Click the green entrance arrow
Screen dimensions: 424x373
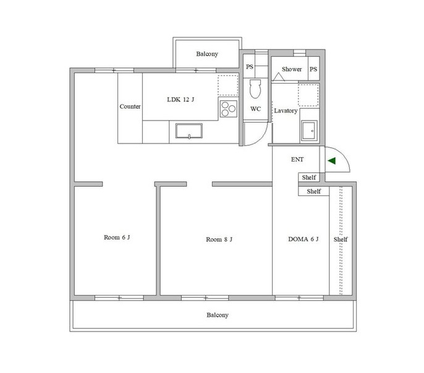tap(332, 161)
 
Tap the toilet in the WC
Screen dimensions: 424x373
tap(255, 88)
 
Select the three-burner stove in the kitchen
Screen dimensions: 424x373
tap(229, 108)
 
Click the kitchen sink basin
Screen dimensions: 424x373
tap(189, 131)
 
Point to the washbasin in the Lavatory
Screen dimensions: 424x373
tap(309, 131)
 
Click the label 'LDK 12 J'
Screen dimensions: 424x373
tap(180, 100)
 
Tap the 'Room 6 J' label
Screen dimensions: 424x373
tap(117, 238)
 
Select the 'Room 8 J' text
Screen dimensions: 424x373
tap(219, 239)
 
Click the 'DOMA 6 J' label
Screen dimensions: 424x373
tap(303, 239)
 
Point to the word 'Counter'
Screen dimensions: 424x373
tap(130, 106)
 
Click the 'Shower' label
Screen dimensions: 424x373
tap(292, 69)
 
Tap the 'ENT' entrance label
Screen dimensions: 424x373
tap(297, 160)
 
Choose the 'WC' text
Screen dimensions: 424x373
tap(255, 109)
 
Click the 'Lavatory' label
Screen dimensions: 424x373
tap(286, 111)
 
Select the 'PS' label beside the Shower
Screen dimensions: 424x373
tap(313, 69)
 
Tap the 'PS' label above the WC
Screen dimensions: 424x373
tap(250, 67)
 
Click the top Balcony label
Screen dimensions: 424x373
tap(207, 54)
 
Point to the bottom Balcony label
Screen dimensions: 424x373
tap(218, 315)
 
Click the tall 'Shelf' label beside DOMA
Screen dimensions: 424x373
tap(341, 239)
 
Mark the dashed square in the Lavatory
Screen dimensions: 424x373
tap(308, 95)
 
